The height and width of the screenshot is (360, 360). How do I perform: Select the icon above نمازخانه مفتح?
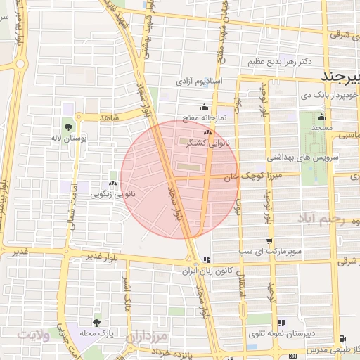pyautogui.click(x=204, y=108)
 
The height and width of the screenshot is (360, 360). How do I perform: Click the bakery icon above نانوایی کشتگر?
pyautogui.click(x=207, y=131)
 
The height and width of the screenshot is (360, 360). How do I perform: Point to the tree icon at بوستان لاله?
pyautogui.click(x=68, y=128)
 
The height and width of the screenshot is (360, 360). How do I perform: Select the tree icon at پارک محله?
pyautogui.click(x=96, y=322)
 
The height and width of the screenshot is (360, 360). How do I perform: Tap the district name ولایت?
pyautogui.click(x=34, y=335)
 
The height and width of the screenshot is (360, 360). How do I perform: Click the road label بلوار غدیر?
pyautogui.click(x=105, y=257)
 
